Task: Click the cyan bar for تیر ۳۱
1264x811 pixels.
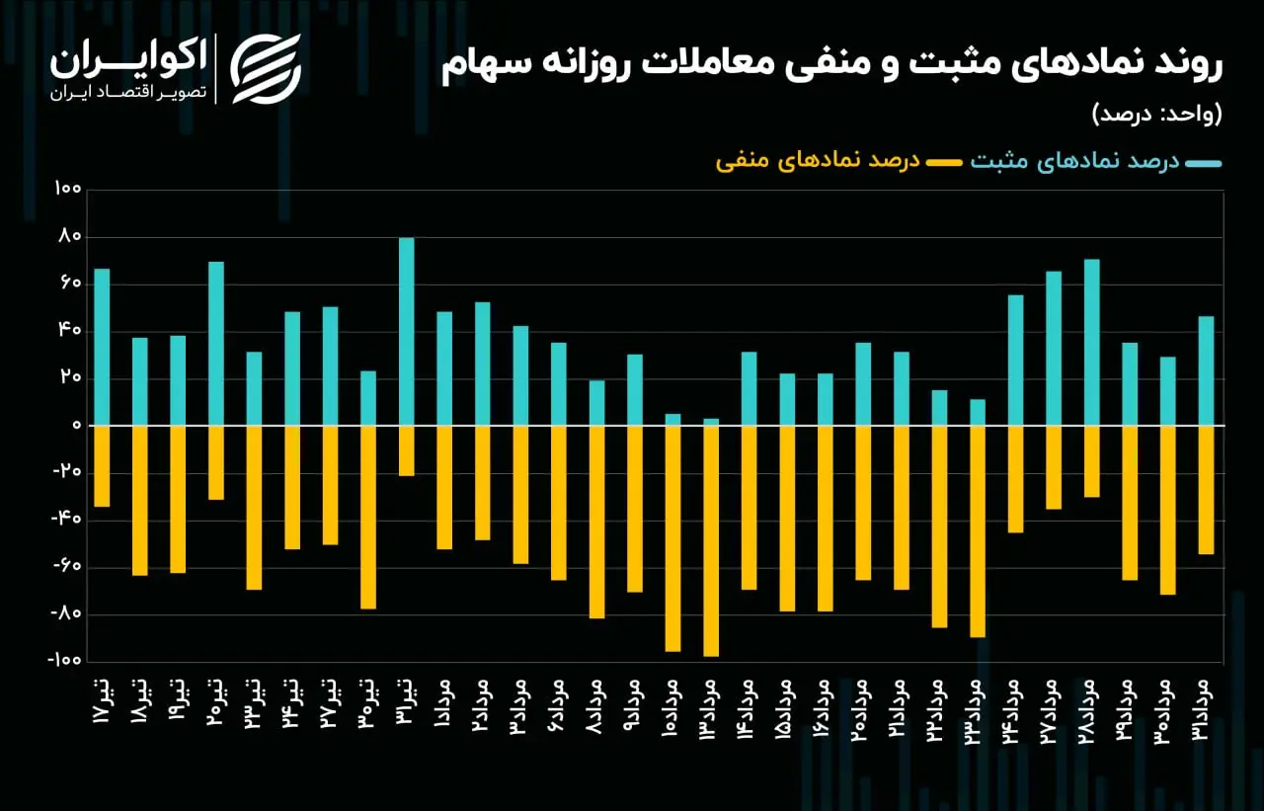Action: coord(406,331)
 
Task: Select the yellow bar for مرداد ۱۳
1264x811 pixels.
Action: coord(711,541)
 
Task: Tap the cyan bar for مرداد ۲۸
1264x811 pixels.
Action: coord(1092,342)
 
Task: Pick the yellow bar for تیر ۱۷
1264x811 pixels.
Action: coord(102,466)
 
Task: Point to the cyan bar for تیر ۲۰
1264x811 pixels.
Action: coord(216,343)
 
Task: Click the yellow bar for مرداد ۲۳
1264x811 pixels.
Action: coord(978,531)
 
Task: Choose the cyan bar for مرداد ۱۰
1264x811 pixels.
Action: coord(673,419)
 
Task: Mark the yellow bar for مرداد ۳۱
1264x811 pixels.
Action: coord(1207,490)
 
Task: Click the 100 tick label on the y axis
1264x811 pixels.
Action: coord(68,189)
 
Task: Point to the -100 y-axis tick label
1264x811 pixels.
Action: coord(64,660)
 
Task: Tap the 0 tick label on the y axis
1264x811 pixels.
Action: coord(77,425)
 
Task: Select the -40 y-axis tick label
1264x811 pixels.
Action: coord(66,519)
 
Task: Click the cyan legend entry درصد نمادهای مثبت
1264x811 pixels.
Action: coord(1096,162)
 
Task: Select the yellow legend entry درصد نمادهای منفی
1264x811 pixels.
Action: coord(838,162)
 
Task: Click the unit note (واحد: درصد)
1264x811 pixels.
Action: coord(1156,115)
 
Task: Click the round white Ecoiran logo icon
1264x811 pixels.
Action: coord(266,69)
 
